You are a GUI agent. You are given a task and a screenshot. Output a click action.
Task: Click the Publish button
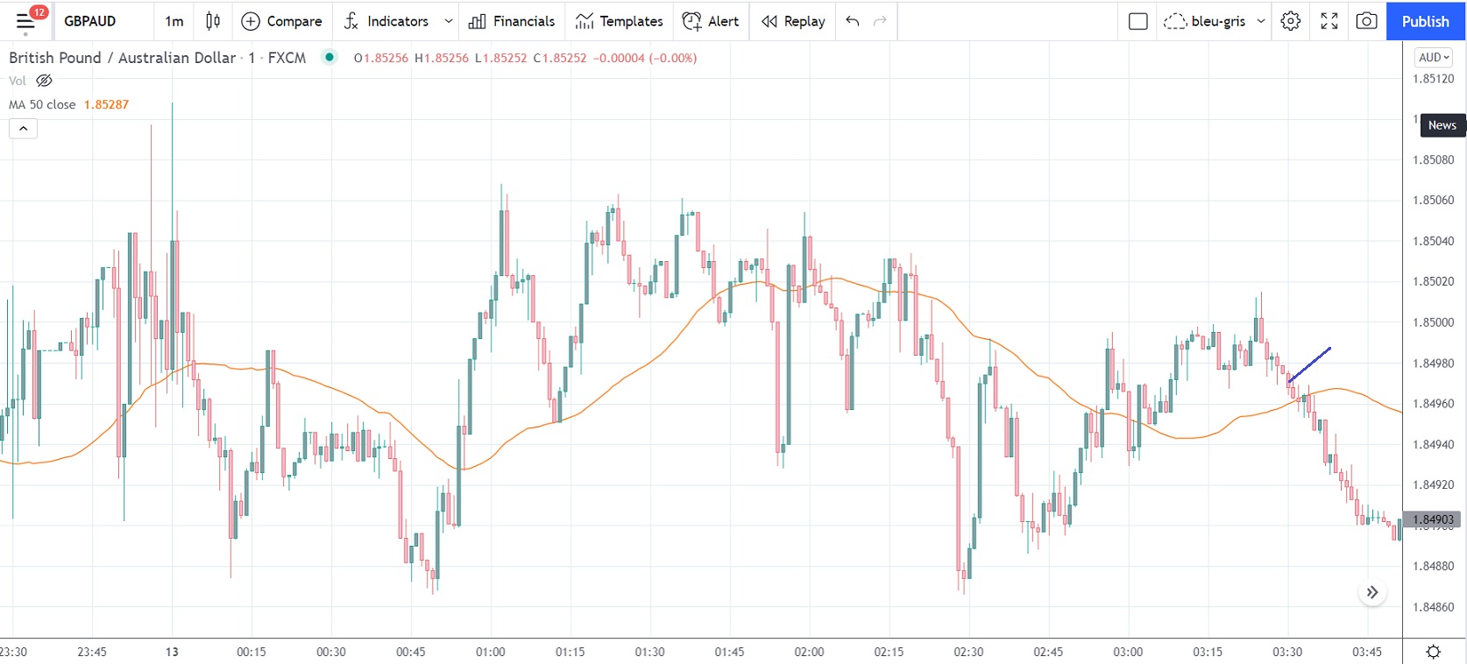(x=1425, y=21)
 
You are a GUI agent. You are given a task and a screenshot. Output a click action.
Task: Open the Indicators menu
(x=387, y=21)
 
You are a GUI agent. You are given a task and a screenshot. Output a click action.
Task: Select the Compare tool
(x=282, y=21)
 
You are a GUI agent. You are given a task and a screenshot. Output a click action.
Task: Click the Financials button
(x=512, y=21)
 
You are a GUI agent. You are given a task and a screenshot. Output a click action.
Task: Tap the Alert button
(x=711, y=21)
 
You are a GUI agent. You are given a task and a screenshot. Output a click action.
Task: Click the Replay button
(x=793, y=21)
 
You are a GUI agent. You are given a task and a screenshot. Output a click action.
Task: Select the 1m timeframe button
(x=174, y=21)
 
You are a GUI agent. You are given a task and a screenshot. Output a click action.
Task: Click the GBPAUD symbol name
(x=89, y=21)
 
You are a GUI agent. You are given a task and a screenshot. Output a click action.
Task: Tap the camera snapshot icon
(x=1366, y=21)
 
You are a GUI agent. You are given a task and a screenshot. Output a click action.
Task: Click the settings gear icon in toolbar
(x=1290, y=21)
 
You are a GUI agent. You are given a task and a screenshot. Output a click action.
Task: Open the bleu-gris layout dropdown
(x=1215, y=21)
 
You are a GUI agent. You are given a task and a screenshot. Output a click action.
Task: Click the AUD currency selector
(x=1434, y=58)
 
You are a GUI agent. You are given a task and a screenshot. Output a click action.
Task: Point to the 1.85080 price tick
(x=1433, y=160)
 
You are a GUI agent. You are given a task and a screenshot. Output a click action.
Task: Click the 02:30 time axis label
(x=968, y=652)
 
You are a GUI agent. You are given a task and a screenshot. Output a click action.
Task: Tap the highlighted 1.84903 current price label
(x=1433, y=519)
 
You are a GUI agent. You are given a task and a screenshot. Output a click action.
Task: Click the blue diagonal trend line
(x=1310, y=364)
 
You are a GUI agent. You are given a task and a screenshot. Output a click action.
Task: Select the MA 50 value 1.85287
(x=106, y=104)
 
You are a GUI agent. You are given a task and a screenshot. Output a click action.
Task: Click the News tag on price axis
(x=1442, y=125)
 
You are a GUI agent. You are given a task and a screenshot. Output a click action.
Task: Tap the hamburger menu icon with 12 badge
(x=26, y=21)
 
